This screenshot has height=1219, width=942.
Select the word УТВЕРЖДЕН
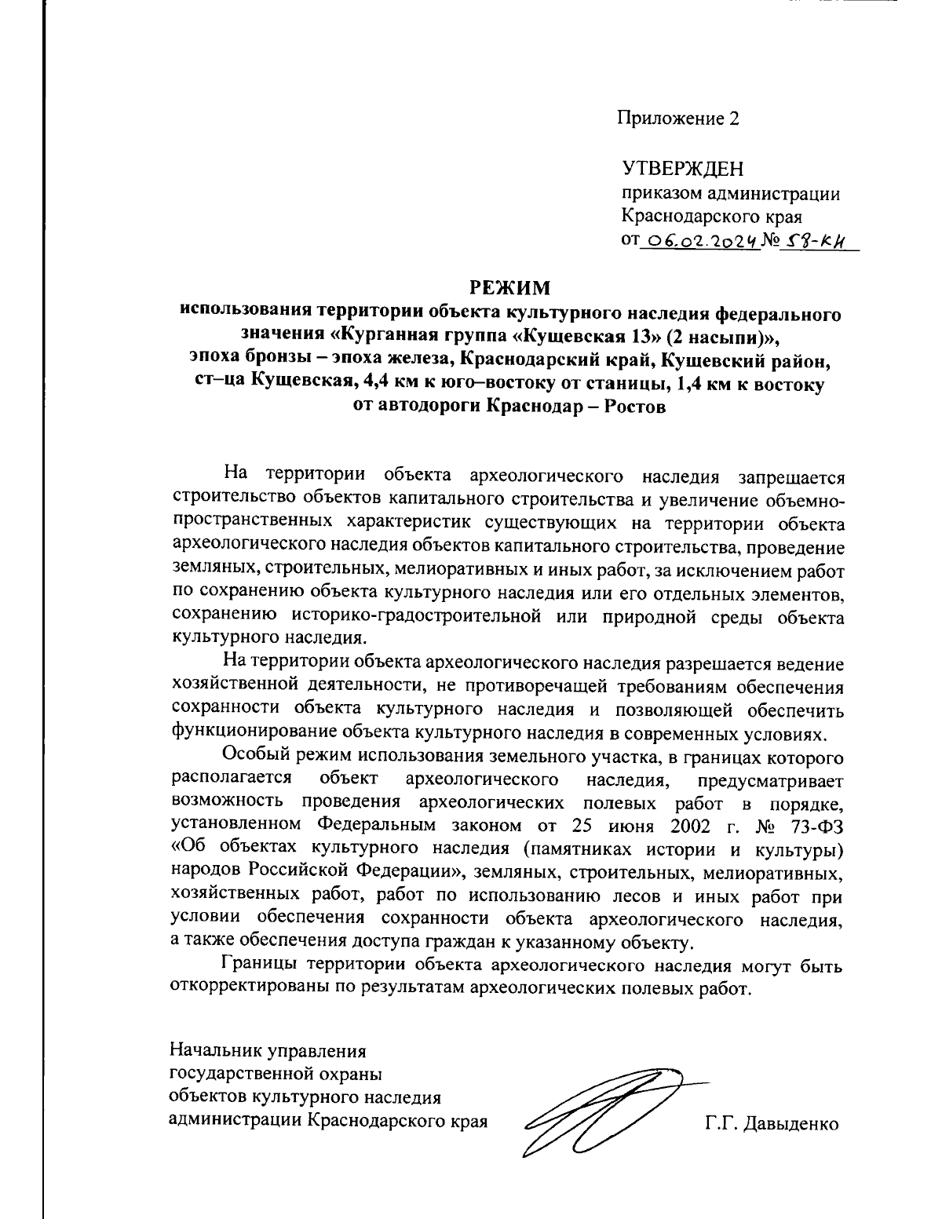[682, 169]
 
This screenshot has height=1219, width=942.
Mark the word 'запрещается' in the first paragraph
[791, 475]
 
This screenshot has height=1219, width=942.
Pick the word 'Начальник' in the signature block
[215, 1049]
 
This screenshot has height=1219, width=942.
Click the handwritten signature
[604, 1111]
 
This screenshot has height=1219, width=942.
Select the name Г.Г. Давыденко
[772, 1123]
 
